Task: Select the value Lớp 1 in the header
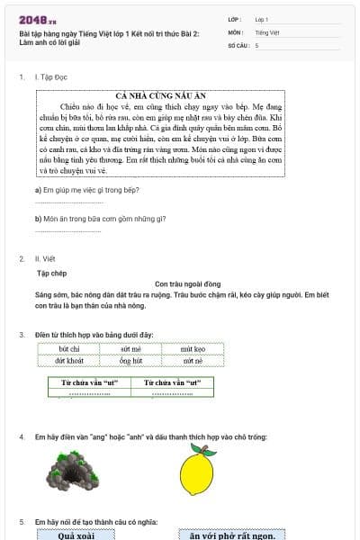262,18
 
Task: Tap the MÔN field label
235,31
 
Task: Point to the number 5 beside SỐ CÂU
256,44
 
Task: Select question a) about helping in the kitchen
86,190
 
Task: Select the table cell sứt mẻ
130,348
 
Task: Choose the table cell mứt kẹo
193,348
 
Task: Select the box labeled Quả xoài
76,535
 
